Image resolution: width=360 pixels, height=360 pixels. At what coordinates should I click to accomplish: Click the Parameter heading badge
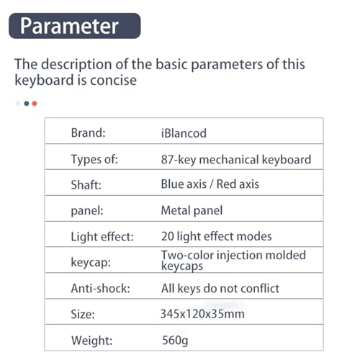coord(75,26)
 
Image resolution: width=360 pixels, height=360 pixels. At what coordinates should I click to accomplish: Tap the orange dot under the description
coord(35,104)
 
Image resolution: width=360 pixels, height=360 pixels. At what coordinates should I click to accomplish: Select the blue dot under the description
coord(27,104)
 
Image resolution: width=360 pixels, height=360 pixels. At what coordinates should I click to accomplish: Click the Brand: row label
coord(89,132)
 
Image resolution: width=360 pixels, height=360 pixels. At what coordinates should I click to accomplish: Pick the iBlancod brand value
coord(184,133)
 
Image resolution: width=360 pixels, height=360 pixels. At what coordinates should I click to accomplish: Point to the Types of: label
coord(94,159)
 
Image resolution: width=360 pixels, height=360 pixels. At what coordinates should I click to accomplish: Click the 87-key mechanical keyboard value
coord(236,159)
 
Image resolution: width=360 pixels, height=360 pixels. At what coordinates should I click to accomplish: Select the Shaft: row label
coord(86,185)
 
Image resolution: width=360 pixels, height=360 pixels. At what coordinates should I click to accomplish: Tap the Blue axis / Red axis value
coord(210,184)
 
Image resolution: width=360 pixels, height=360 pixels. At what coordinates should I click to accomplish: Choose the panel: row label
coord(87,211)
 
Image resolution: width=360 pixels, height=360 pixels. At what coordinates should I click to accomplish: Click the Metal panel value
coord(192,210)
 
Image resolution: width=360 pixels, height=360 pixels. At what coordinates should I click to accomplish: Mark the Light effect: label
coord(102,237)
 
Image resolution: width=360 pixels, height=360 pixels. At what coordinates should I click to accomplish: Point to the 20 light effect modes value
coord(217,236)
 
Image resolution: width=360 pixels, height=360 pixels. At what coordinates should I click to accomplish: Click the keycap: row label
coord(91,262)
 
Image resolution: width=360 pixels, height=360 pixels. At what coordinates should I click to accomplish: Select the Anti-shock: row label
coord(101,288)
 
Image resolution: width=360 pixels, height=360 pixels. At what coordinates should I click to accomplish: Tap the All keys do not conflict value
coord(220,288)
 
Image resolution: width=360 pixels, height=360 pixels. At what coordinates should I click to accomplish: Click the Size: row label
coord(83,314)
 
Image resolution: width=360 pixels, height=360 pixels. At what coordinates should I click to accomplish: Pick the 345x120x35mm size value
coord(202,314)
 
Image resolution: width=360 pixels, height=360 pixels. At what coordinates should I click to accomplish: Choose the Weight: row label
coord(92,341)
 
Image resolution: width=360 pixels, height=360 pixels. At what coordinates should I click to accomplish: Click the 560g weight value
coord(175,341)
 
